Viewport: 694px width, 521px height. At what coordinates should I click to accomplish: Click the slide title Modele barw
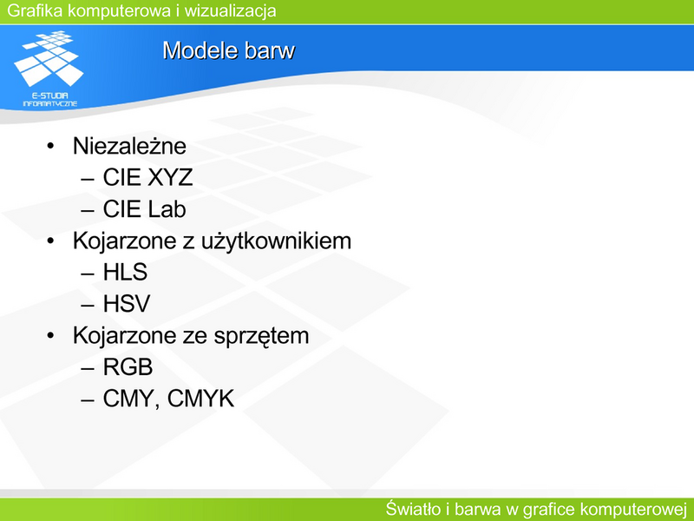(x=228, y=50)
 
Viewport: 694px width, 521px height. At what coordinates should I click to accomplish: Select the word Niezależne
(x=129, y=146)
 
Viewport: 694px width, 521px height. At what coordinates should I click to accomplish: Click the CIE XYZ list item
(x=147, y=177)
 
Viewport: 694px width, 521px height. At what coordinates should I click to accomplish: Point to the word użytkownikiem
(x=276, y=241)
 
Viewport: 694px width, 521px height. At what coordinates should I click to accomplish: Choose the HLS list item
(x=125, y=272)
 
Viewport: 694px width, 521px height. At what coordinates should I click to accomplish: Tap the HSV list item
(x=127, y=303)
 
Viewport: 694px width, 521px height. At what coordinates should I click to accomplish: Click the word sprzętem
(x=262, y=336)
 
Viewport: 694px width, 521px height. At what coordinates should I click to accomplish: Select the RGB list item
(x=128, y=366)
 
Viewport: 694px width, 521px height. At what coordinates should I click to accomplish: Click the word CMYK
(x=200, y=398)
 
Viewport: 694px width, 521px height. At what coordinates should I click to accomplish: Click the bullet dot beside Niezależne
(x=50, y=146)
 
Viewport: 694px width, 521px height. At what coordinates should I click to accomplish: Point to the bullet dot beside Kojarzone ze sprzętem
(x=50, y=335)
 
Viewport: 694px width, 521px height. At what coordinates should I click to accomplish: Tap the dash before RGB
(x=88, y=368)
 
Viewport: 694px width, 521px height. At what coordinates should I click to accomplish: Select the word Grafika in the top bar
(x=35, y=10)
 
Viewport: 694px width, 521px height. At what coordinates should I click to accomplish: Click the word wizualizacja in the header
(x=230, y=10)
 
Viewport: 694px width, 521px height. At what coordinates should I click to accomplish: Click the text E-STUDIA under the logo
(x=50, y=96)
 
